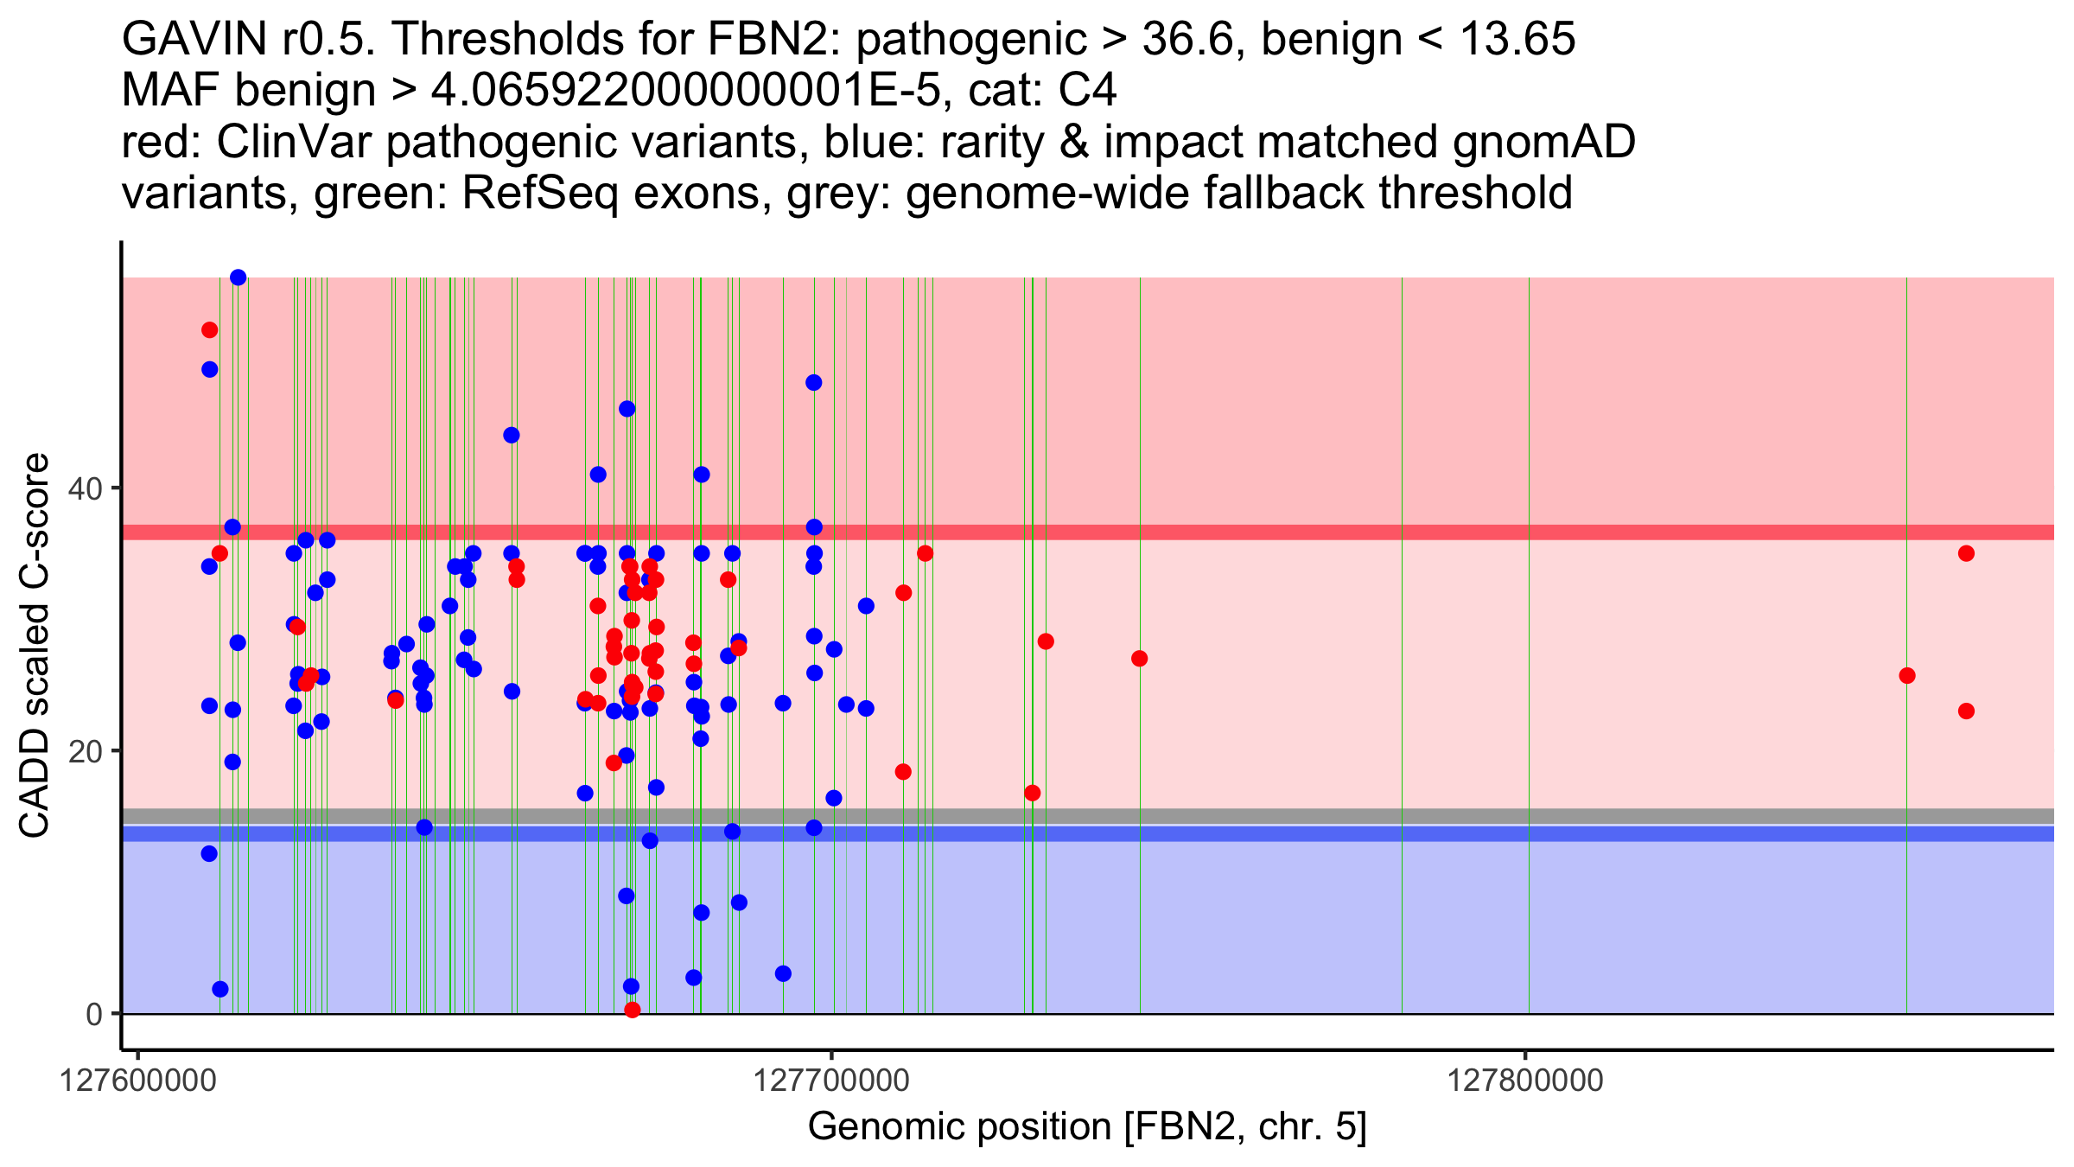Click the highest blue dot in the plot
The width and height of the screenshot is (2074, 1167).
tap(239, 277)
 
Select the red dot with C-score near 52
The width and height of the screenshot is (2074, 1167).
tap(209, 330)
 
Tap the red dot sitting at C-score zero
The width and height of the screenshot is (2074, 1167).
tap(632, 1010)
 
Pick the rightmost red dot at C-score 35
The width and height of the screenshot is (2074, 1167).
tap(1966, 553)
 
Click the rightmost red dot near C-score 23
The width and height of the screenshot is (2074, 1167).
tap(1966, 711)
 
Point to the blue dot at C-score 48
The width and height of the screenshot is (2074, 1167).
tap(813, 383)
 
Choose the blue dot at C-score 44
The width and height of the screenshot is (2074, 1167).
tap(512, 435)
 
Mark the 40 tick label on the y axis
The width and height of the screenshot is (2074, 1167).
tap(86, 488)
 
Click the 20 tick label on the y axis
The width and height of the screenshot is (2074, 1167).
tap(86, 751)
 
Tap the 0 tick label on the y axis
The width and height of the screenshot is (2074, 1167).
tap(94, 1014)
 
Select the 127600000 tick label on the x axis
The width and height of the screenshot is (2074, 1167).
tap(137, 1081)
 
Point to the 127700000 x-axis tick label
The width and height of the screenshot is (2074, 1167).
tap(831, 1081)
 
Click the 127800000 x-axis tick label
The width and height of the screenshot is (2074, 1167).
tap(1525, 1081)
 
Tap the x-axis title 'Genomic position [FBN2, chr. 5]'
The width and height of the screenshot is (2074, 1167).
tap(1087, 1127)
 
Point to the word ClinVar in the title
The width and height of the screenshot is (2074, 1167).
tap(295, 143)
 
